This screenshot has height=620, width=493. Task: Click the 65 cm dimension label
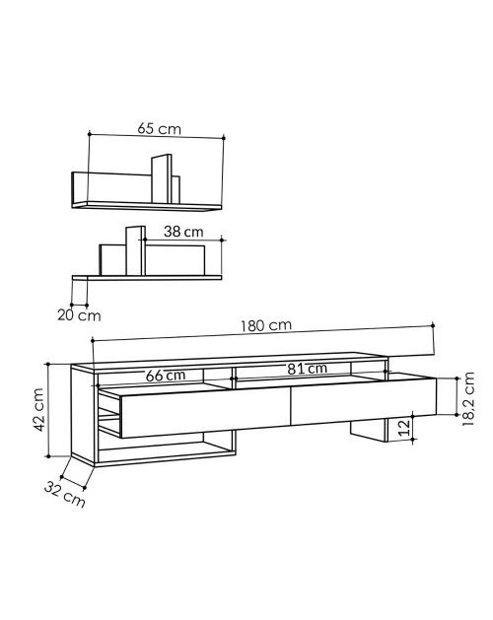pyautogui.click(x=159, y=129)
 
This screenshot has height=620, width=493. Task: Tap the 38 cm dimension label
pyautogui.click(x=183, y=232)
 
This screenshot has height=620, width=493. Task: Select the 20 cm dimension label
pyautogui.click(x=79, y=315)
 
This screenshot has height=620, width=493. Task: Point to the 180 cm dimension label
pyautogui.click(x=266, y=326)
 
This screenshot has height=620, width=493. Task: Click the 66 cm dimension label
pyautogui.click(x=166, y=376)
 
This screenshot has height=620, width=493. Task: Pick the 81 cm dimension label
pyautogui.click(x=308, y=369)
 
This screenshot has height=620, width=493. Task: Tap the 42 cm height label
pyautogui.click(x=38, y=410)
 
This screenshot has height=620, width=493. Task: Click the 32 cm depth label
pyautogui.click(x=64, y=494)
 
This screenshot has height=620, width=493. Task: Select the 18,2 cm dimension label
pyautogui.click(x=468, y=399)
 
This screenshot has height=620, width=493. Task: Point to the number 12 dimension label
pyautogui.click(x=404, y=428)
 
